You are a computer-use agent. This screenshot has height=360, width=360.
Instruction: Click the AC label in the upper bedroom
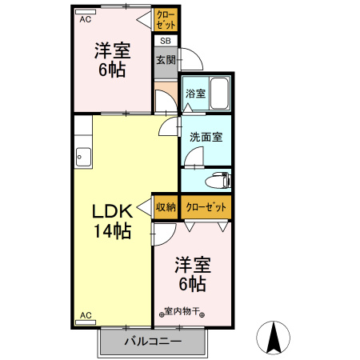(x=85, y=20)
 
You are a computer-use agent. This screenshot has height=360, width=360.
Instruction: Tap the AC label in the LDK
(x=85, y=315)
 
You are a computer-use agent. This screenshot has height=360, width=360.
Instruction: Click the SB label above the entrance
(x=165, y=41)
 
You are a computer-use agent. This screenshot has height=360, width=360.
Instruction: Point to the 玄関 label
(x=166, y=59)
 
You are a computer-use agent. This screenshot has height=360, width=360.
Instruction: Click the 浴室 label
(x=195, y=94)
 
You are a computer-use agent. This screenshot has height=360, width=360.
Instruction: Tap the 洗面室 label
(x=206, y=137)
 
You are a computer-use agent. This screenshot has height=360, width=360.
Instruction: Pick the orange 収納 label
(x=166, y=206)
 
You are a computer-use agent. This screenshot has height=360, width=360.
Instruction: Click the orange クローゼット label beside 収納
(x=206, y=206)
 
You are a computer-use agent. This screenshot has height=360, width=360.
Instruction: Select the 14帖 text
(x=111, y=233)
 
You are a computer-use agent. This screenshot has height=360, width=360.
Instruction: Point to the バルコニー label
(x=153, y=342)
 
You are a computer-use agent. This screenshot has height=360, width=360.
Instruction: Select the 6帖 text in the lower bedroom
(x=192, y=283)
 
